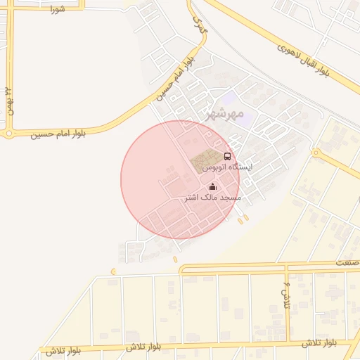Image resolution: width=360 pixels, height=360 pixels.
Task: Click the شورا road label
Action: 57,9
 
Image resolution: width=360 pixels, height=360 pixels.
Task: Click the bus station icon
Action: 226,156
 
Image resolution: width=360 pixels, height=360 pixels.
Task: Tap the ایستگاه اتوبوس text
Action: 226,168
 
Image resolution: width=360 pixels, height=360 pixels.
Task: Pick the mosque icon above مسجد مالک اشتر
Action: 212,187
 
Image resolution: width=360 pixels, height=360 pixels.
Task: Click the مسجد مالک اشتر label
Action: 212,198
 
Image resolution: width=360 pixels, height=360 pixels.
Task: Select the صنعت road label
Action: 348,262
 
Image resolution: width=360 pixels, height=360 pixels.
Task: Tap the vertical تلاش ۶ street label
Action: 287,295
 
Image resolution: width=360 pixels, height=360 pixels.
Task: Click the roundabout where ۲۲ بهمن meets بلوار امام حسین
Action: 9,132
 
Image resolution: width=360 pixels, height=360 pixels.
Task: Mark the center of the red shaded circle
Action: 180,179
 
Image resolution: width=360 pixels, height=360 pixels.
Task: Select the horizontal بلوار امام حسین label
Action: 58,134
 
